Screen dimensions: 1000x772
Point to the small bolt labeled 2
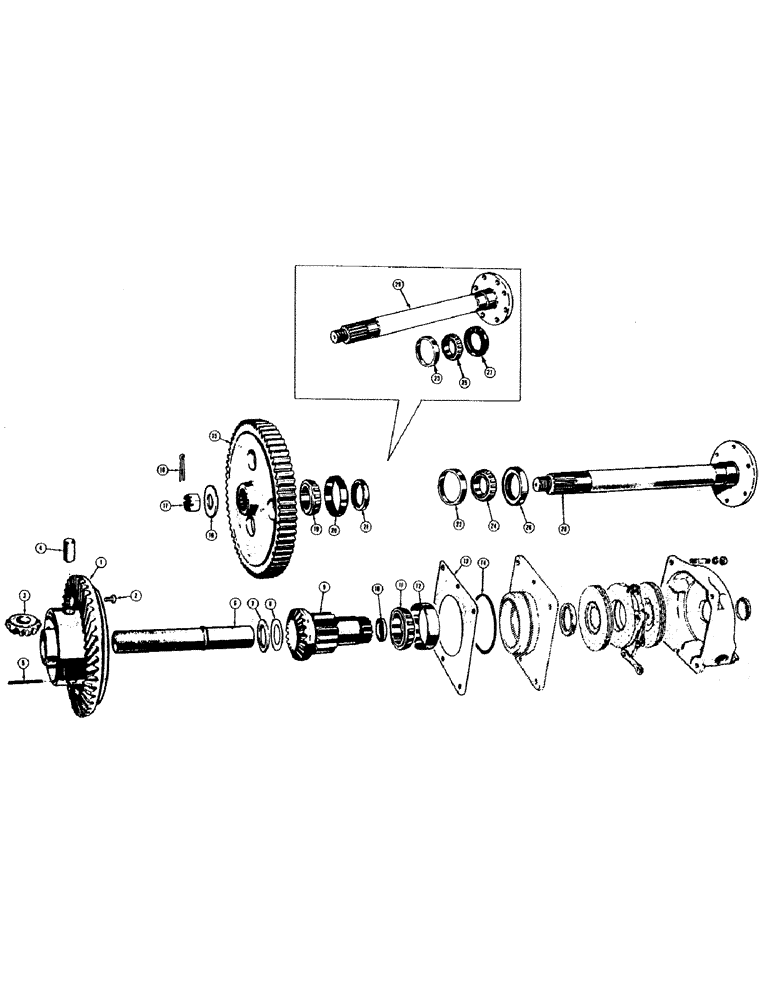coord(115,598)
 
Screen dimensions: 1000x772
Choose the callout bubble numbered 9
coord(323,586)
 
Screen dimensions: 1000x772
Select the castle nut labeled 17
coord(186,505)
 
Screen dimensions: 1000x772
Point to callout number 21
coord(366,527)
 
